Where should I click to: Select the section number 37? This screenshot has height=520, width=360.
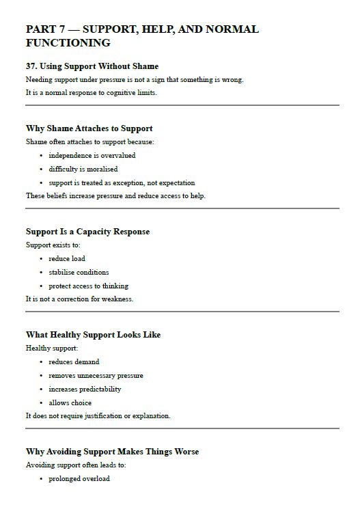pyautogui.click(x=31, y=66)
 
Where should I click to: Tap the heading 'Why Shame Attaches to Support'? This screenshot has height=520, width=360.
pyautogui.click(x=89, y=128)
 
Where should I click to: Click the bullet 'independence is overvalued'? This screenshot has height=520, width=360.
pyautogui.click(x=92, y=156)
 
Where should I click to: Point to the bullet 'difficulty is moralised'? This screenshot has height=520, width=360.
pyautogui.click(x=83, y=169)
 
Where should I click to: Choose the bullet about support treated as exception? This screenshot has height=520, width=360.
pyautogui.click(x=122, y=183)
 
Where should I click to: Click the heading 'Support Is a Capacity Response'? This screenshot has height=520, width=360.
pyautogui.click(x=87, y=232)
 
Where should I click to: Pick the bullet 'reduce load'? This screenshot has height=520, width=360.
pyautogui.click(x=67, y=259)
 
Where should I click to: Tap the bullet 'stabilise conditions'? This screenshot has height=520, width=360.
pyautogui.click(x=79, y=273)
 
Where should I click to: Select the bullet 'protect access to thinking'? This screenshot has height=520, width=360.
pyautogui.click(x=88, y=286)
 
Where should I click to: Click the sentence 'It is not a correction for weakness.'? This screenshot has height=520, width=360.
pyautogui.click(x=79, y=299)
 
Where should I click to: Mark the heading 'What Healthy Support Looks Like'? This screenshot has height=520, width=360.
pyautogui.click(x=93, y=335)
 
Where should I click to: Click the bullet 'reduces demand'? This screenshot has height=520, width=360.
pyautogui.click(x=74, y=362)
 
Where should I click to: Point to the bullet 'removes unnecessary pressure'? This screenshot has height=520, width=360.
pyautogui.click(x=96, y=376)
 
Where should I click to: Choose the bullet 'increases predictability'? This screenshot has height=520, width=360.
pyautogui.click(x=85, y=389)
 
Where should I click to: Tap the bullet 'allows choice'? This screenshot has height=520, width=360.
pyautogui.click(x=70, y=403)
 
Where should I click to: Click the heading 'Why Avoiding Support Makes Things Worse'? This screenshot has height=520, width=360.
pyautogui.click(x=112, y=452)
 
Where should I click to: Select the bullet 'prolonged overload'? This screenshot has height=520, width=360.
pyautogui.click(x=79, y=479)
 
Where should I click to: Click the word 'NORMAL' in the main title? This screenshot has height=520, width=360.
pyautogui.click(x=232, y=29)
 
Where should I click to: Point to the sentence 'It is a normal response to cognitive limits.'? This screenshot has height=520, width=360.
pyautogui.click(x=91, y=93)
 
